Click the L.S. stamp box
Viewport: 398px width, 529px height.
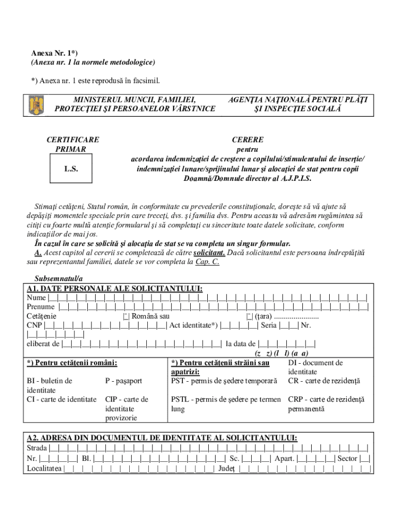coord(71,169)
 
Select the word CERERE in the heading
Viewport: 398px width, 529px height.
coord(247,139)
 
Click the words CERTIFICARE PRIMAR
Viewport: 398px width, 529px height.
coord(73,144)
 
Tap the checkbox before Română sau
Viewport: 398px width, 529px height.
coord(126,316)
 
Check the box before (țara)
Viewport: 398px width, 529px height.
coord(249,316)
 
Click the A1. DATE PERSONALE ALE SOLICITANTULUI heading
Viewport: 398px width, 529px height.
coord(115,288)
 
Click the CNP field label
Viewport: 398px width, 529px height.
coord(35,325)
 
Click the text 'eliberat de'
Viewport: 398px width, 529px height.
coord(43,344)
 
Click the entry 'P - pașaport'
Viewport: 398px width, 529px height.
coord(124,381)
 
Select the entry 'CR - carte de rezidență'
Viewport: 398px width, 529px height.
coord(324,381)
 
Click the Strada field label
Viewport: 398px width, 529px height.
coord(37,448)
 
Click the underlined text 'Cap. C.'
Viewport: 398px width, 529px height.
coord(207,262)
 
